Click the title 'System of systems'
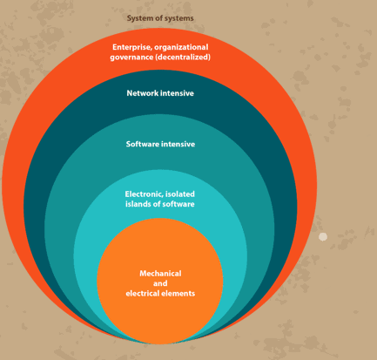coord(160,18)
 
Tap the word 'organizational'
coord(181,47)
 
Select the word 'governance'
coord(131,58)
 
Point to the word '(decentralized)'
coord(183,57)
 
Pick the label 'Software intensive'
coord(160,144)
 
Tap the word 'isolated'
coord(180,194)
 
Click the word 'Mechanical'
coord(160,274)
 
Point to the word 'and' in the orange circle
coord(160,283)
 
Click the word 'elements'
coord(178,294)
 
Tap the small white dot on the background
coord(323,237)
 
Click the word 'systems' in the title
coord(178,18)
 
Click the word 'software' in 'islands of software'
coord(178,204)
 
